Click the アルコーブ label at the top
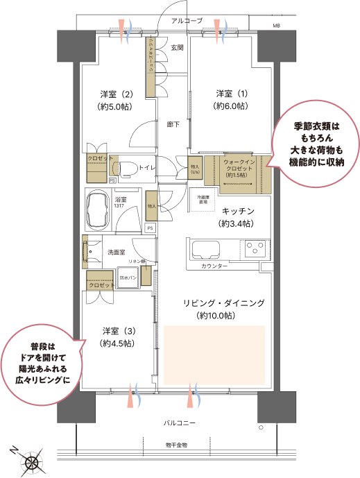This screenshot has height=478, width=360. coord(187,22)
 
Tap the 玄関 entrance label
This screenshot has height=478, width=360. coord(177,48)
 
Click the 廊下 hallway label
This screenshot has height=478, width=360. coord(173,125)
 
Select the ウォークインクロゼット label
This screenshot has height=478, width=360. coord(242,167)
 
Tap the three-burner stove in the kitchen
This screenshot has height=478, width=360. coord(253,249)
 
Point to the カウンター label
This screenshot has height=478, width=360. coord(214,266)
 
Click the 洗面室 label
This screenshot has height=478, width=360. coord(114,253)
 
